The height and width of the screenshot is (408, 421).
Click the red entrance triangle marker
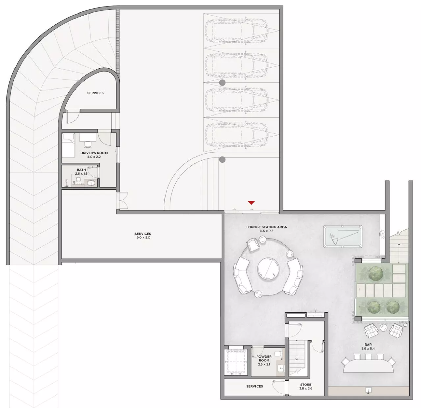click(x=251, y=203)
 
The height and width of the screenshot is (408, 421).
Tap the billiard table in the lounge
click(x=343, y=236)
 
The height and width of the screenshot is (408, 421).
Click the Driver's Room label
click(x=94, y=153)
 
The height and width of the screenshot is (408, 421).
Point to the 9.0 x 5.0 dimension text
click(x=143, y=237)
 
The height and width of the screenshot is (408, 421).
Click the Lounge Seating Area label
click(x=267, y=227)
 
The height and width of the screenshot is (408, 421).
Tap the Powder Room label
click(x=264, y=359)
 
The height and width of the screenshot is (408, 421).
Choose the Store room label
click(x=306, y=385)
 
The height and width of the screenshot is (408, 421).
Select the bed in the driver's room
click(x=68, y=146)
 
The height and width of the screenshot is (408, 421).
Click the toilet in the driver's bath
click(x=78, y=180)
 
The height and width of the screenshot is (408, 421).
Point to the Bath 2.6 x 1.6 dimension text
click(x=81, y=174)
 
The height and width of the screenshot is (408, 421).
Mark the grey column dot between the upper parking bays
click(x=222, y=83)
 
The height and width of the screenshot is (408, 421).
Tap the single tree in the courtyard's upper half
click(x=376, y=273)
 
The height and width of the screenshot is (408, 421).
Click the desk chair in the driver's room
click(x=88, y=144)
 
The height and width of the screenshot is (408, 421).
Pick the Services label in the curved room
click(x=95, y=93)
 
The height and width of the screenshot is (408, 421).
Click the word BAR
click(x=368, y=345)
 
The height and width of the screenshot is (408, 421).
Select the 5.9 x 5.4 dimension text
click(x=368, y=349)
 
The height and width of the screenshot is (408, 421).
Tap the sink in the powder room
click(x=281, y=368)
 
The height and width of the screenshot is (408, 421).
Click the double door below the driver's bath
click(x=122, y=201)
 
